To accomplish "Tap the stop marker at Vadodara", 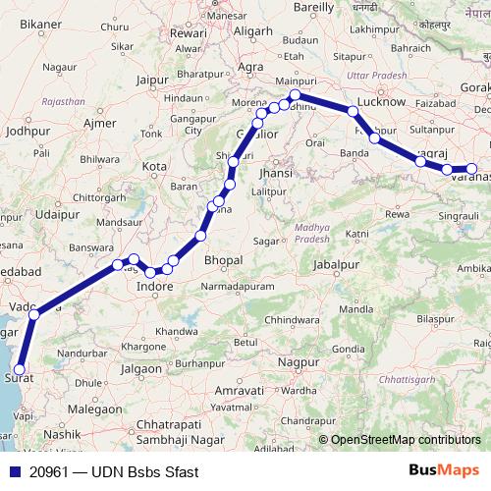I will point(33,314).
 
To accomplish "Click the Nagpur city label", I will point(300,361).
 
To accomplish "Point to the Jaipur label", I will point(154,82).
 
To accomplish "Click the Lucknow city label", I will point(382,101).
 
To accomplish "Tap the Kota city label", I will point(154,166).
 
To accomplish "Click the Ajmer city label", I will point(100,123).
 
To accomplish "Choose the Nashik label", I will point(61,433).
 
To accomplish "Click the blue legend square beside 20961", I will point(14,472).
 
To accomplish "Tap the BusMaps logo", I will point(443,471).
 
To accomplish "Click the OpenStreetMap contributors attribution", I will point(406,441).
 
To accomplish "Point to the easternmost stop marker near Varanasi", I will point(471,168).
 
